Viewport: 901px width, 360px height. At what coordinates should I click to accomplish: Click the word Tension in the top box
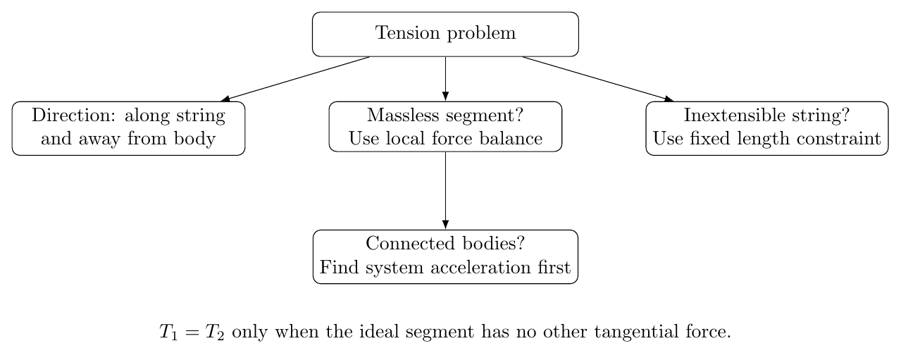(x=407, y=32)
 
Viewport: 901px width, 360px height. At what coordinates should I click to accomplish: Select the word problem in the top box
(x=481, y=34)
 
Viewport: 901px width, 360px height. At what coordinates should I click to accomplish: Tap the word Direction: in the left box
(x=74, y=116)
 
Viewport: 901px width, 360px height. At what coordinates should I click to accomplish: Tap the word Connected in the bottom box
(x=410, y=243)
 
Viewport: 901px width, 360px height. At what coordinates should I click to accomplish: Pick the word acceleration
(x=480, y=268)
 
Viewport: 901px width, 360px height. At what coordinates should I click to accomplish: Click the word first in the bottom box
(x=554, y=268)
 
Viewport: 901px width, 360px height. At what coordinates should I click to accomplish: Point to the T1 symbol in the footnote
(x=168, y=333)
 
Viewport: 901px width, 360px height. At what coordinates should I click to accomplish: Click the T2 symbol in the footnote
(x=214, y=333)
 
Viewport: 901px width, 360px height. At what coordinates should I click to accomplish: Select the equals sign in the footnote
(x=192, y=333)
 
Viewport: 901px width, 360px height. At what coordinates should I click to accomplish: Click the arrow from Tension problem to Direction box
(x=295, y=79)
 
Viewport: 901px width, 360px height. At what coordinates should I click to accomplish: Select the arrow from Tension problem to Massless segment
(x=445, y=78)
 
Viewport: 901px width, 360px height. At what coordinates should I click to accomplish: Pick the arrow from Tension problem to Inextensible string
(x=598, y=79)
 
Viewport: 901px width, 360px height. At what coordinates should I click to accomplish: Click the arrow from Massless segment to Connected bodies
(x=445, y=190)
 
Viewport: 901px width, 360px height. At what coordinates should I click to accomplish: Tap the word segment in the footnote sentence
(x=440, y=334)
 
